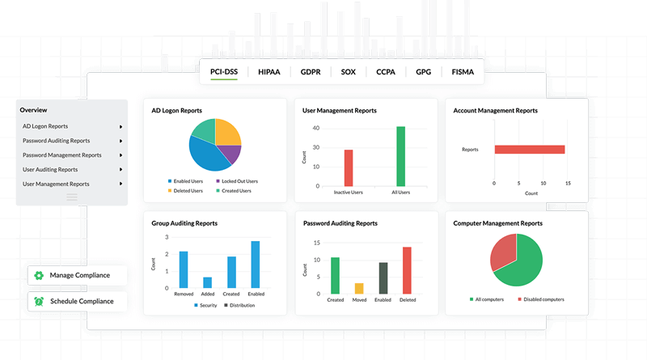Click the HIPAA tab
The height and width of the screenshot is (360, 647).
(x=269, y=72)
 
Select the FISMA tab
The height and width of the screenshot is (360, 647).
(x=463, y=72)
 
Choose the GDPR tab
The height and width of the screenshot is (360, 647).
(x=311, y=72)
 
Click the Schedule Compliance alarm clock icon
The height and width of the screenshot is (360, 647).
(x=38, y=301)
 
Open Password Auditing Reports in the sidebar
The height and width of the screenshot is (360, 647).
(x=57, y=141)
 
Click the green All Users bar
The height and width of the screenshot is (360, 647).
(x=400, y=156)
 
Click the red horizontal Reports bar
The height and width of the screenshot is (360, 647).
(x=530, y=150)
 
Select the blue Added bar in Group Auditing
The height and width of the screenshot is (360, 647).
(x=208, y=282)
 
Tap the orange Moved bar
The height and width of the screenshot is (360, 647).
(x=359, y=288)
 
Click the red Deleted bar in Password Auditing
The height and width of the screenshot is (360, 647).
(x=407, y=269)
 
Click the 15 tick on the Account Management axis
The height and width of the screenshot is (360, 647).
(x=569, y=184)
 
